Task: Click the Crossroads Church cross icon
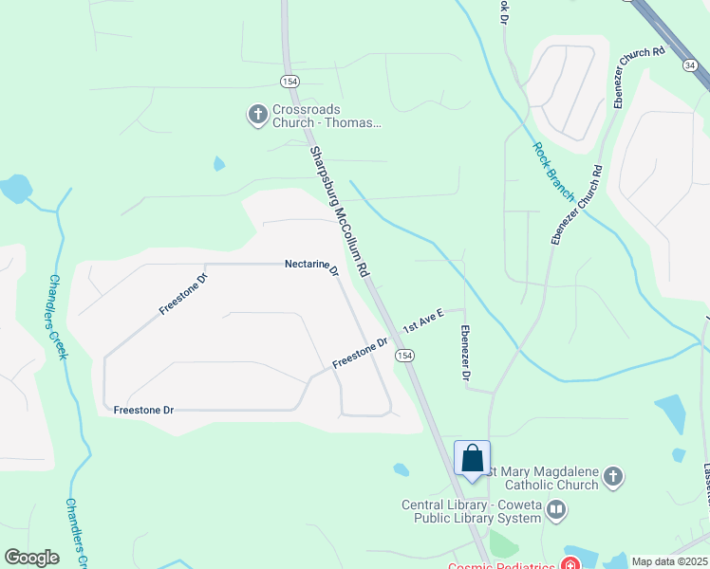pos(256,116)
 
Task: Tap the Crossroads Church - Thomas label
pos(327,116)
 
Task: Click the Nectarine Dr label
pos(312,268)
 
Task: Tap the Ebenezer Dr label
pos(465,355)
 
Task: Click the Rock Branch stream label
pos(553,172)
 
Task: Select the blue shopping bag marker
pos(472,460)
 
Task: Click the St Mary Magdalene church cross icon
pos(613,477)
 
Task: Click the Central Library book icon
pos(556,512)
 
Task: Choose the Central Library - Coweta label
pos(471,511)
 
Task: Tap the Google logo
pos(31,558)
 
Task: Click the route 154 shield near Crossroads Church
pos(290,80)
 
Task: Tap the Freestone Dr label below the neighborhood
pos(143,411)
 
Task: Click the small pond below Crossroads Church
pos(219,164)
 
